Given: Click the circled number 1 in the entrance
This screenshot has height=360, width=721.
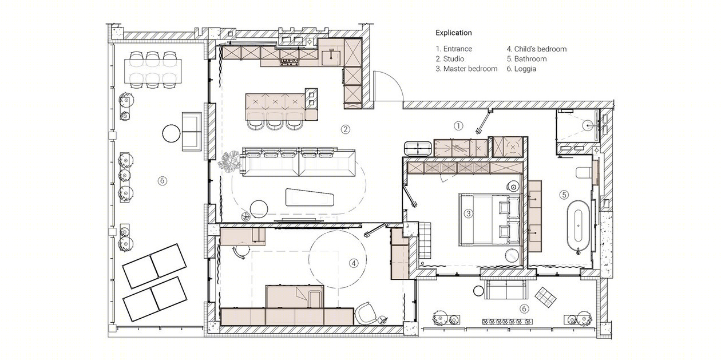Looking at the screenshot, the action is [x=458, y=126].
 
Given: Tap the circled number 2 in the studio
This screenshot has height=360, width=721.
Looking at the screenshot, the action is [x=346, y=129].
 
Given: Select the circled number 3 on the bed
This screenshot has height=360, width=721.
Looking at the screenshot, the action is [x=468, y=213].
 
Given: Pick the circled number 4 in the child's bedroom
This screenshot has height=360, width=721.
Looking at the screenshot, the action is [x=354, y=263].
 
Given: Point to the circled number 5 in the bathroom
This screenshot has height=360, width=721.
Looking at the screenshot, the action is [x=564, y=195].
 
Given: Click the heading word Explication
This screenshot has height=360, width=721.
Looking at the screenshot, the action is [x=454, y=33].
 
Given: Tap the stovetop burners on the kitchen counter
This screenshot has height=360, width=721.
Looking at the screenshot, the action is [x=290, y=62].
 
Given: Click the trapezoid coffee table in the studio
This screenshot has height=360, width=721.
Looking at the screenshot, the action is [x=310, y=197].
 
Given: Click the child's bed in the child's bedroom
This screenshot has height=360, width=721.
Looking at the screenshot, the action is [x=295, y=296].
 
